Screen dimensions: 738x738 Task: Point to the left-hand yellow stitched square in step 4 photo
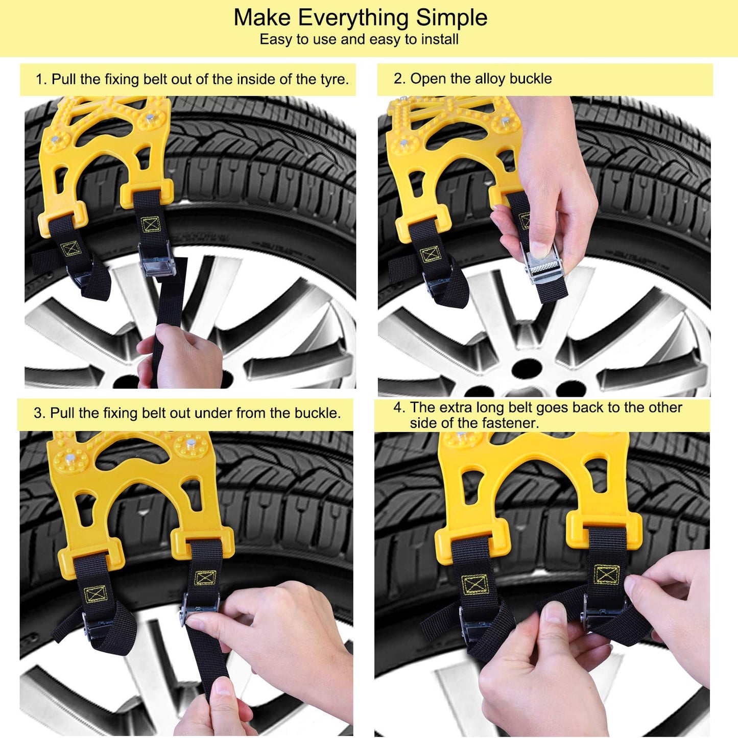pyautogui.click(x=474, y=584)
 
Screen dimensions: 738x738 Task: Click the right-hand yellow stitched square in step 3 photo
pyautogui.click(x=205, y=578)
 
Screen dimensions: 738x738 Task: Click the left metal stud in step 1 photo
pyautogui.click(x=56, y=139)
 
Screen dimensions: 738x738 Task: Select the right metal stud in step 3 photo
pyautogui.click(x=191, y=443)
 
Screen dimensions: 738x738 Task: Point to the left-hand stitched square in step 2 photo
pyautogui.click(x=430, y=255)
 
